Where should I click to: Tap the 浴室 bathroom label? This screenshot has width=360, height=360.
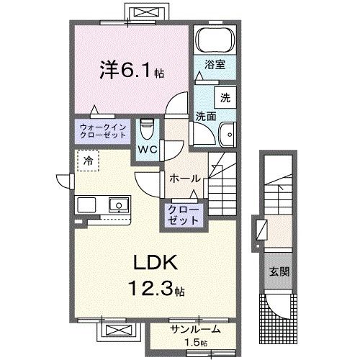[215, 65]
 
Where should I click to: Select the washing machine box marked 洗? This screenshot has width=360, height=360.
[225, 98]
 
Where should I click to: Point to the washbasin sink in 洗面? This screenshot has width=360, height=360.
[228, 134]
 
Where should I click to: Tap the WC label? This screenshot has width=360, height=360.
[148, 150]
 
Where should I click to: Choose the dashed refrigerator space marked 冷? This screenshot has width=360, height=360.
[88, 161]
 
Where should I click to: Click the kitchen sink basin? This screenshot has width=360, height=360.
[119, 204]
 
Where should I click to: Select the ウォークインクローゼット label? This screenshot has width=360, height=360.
[103, 131]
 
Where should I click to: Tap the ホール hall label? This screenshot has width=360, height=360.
[185, 179]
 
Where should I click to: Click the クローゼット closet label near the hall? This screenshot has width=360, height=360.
[184, 215]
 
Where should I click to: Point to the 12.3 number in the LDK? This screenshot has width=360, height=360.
[150, 288]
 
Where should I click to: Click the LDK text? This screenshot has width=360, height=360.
[156, 263]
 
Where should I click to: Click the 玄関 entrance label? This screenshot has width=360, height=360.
[279, 271]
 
